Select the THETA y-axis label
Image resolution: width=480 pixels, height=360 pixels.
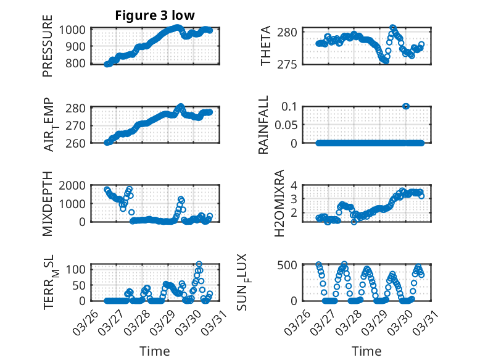tap(266, 46)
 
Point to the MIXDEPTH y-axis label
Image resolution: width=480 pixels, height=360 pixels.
tap(48, 203)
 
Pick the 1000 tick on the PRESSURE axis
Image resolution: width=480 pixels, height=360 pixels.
tap(76, 30)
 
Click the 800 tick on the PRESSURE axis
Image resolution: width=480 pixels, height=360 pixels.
tap(79, 64)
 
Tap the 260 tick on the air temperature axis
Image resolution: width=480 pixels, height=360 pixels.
tap(79, 143)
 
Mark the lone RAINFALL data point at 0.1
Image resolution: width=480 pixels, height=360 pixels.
tap(406, 106)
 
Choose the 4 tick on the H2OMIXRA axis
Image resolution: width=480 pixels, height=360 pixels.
tap(299, 185)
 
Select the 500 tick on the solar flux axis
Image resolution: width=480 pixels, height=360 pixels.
tap(292, 265)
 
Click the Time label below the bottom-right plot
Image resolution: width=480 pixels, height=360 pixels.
tap(366, 351)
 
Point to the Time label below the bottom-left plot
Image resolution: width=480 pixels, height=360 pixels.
tap(154, 351)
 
